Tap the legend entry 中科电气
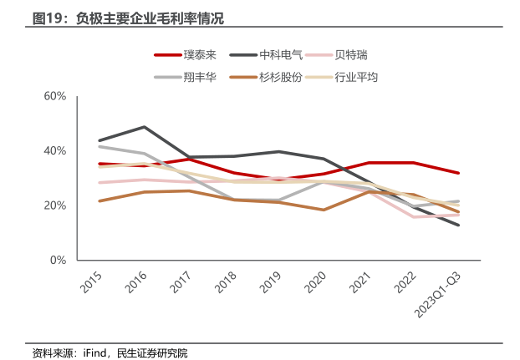(x=283, y=55)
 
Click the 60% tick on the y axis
(x=54, y=96)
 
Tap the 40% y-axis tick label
(x=54, y=150)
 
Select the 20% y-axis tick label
(x=54, y=205)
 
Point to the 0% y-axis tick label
(x=58, y=260)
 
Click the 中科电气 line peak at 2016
(x=144, y=127)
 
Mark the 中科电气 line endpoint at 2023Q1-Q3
(x=458, y=225)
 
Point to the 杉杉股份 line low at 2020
(x=324, y=210)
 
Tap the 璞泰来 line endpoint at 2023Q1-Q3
(x=458, y=173)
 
